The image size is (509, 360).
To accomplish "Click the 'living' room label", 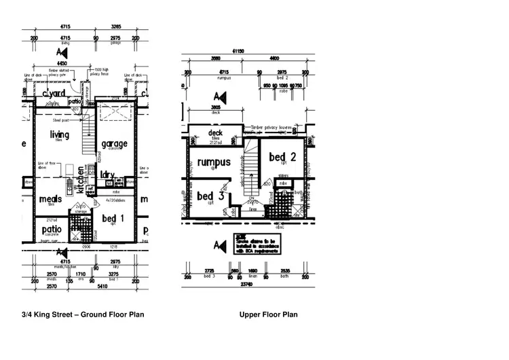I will (x=60, y=134).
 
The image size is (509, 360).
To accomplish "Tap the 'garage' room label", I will (x=114, y=144).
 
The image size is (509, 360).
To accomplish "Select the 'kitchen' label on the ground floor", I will (x=79, y=179).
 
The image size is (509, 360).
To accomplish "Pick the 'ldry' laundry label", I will (x=107, y=174).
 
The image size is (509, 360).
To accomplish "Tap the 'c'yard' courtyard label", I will (x=53, y=94).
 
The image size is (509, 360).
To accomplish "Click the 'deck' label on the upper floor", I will (x=216, y=133).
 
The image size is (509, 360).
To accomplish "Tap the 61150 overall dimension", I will (x=238, y=51).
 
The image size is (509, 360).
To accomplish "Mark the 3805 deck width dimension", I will (x=216, y=107).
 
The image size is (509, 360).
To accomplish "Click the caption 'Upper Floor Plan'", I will (x=268, y=314).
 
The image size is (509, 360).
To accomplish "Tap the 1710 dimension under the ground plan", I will (x=80, y=274).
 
